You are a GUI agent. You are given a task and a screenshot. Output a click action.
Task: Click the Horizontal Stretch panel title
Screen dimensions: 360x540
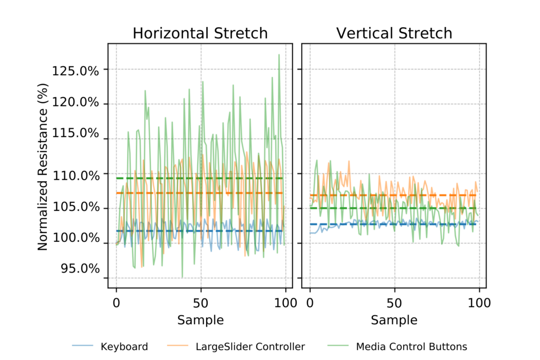pos(200,33)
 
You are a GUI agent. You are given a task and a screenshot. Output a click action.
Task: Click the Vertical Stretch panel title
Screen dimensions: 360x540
pos(394,33)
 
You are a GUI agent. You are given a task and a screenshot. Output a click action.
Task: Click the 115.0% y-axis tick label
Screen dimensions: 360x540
pos(75,133)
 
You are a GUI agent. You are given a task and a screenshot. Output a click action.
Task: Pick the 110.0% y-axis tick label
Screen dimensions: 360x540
pos(75,175)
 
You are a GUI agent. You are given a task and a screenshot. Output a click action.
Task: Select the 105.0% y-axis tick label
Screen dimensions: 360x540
pos(75,207)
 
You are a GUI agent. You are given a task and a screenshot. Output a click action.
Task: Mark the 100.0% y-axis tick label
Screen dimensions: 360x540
pos(75,238)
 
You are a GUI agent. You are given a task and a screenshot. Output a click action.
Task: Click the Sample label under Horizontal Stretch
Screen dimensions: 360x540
pos(200,320)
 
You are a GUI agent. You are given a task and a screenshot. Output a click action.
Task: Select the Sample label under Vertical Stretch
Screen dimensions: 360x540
pos(394,320)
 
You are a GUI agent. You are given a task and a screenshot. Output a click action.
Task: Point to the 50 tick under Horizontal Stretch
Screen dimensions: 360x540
pos(201,303)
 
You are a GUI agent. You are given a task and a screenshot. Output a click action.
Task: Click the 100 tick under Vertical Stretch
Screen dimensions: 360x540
pos(479,303)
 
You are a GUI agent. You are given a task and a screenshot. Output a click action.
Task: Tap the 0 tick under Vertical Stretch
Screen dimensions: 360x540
pos(310,303)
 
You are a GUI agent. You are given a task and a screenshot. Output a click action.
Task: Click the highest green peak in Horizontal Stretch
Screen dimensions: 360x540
pos(279,54)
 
